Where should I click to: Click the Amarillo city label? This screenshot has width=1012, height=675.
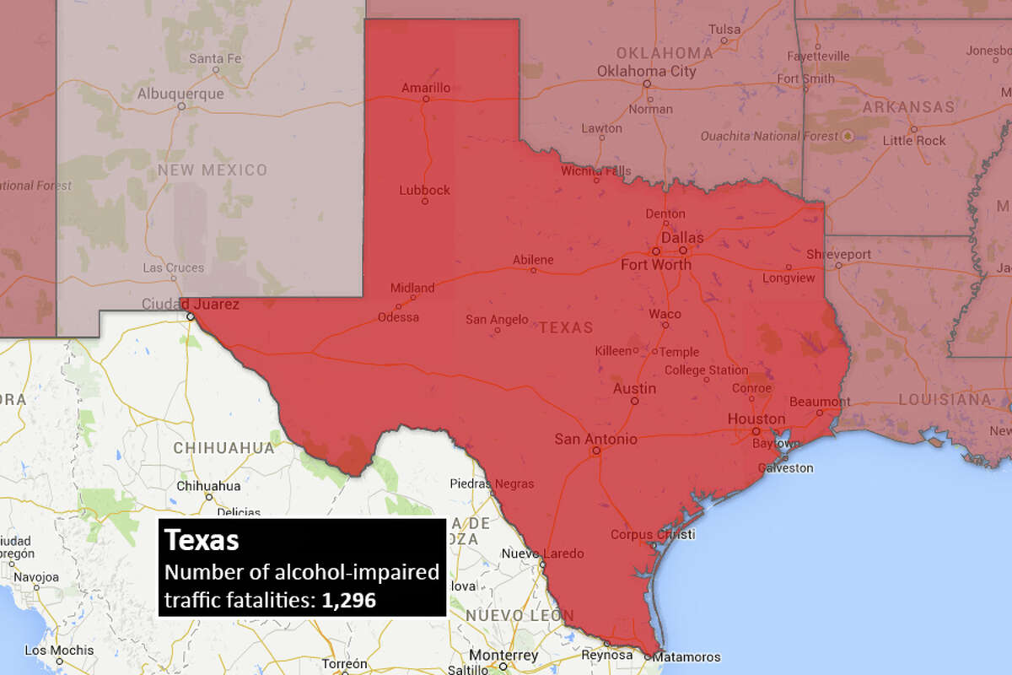425,87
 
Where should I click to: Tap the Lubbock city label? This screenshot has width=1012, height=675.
424,190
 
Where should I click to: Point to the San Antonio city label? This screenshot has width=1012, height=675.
595,439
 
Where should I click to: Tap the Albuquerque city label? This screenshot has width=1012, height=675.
180,93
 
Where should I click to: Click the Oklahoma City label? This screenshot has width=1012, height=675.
647,71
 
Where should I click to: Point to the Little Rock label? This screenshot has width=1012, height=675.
914,140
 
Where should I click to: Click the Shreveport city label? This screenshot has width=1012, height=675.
838,254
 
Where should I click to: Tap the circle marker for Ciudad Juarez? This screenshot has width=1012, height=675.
191,316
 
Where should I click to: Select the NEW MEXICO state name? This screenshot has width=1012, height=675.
212,170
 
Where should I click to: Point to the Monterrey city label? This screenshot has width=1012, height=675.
503,656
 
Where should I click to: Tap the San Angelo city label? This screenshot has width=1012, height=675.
497,319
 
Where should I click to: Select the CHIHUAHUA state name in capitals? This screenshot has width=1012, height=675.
223,448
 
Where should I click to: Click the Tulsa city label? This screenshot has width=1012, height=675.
724,30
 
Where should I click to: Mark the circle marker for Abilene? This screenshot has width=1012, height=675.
533,271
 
